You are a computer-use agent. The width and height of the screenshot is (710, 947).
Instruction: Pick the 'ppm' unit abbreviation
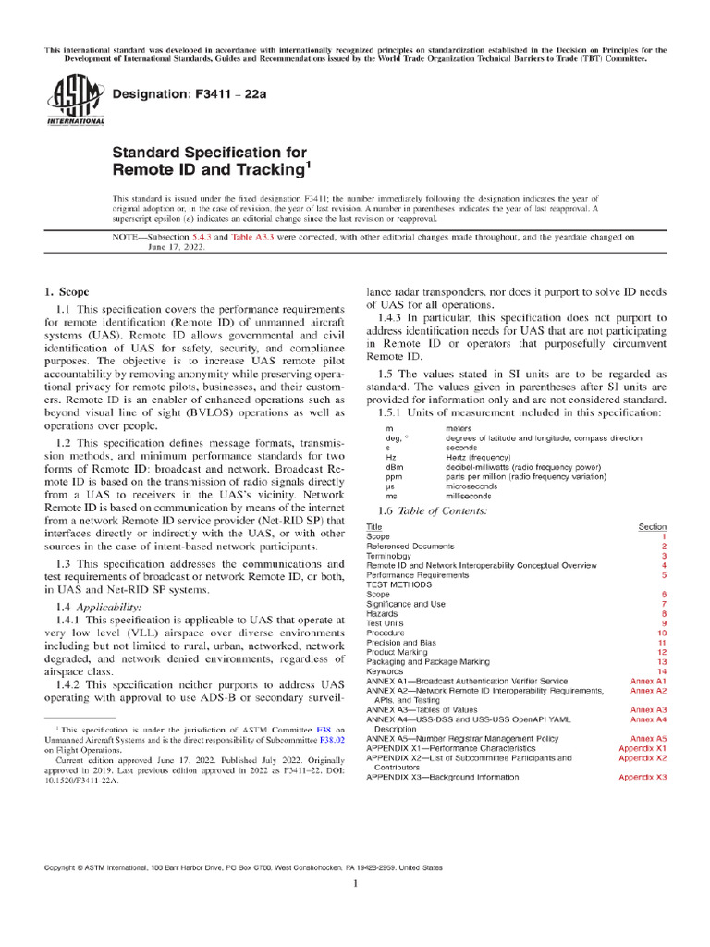tap(392, 477)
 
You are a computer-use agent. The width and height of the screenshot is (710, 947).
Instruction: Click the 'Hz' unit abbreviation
tap(390, 458)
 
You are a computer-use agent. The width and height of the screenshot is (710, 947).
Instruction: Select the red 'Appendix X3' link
tap(643, 777)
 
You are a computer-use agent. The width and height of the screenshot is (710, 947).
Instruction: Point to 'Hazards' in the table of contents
tap(384, 613)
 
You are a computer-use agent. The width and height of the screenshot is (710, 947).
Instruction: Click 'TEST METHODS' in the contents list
tap(398, 584)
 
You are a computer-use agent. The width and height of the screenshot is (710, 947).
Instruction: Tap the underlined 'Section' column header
tap(652, 527)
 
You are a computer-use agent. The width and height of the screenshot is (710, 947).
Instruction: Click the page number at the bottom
tap(355, 884)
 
